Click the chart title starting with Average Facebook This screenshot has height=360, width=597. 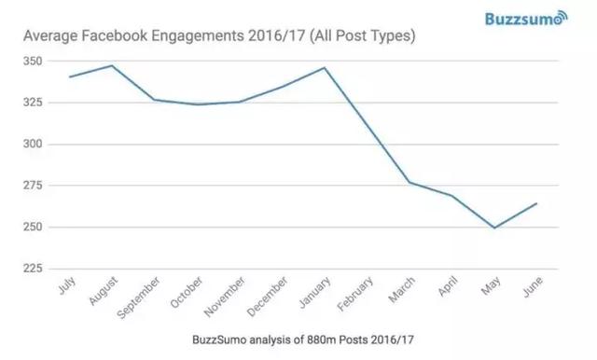click(x=218, y=37)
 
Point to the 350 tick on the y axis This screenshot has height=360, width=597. click(x=31, y=61)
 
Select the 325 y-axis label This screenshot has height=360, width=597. click(x=31, y=102)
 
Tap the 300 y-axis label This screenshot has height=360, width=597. click(x=31, y=144)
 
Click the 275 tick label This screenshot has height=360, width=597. click(x=31, y=186)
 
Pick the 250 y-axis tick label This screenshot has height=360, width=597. click(x=31, y=227)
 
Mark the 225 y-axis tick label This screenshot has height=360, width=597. click(x=31, y=269)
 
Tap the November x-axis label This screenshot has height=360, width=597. click(x=224, y=298)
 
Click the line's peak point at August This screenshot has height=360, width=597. click(x=112, y=65)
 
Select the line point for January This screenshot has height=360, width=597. click(x=325, y=67)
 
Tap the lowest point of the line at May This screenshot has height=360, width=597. click(x=494, y=228)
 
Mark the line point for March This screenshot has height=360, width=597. click(x=410, y=182)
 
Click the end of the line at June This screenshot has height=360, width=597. click(x=536, y=203)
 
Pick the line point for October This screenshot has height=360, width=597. click(x=197, y=104)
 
